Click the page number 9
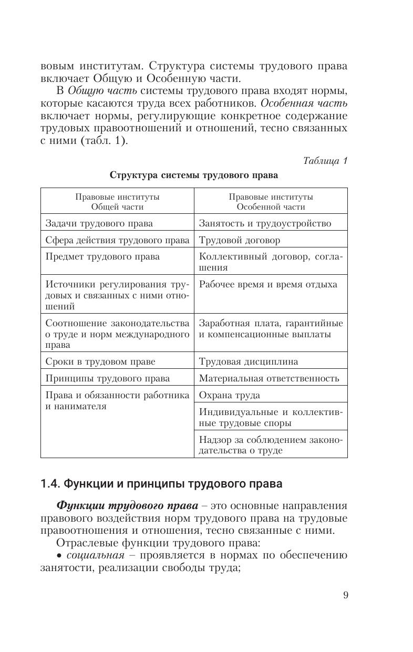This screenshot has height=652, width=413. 345,595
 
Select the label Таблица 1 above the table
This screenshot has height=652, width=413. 325,161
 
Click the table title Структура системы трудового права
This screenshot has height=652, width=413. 193,175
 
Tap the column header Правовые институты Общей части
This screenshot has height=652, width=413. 117,201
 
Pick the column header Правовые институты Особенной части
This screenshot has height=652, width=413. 271,201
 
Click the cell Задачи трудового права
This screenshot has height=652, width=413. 99,223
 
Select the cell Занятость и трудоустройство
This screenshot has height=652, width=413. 265,223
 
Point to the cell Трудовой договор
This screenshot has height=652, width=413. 239,240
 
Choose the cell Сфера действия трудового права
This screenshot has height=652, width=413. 117,240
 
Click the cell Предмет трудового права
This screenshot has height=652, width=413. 102,257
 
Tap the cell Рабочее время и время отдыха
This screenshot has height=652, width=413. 268,285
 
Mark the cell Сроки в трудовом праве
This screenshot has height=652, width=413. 100,361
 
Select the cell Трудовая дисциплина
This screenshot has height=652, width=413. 248,361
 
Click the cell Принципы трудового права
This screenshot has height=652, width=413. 107,378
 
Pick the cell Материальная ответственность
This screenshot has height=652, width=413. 269,378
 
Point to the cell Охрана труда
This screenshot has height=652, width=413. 229,395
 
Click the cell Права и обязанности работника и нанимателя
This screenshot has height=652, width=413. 117,401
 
